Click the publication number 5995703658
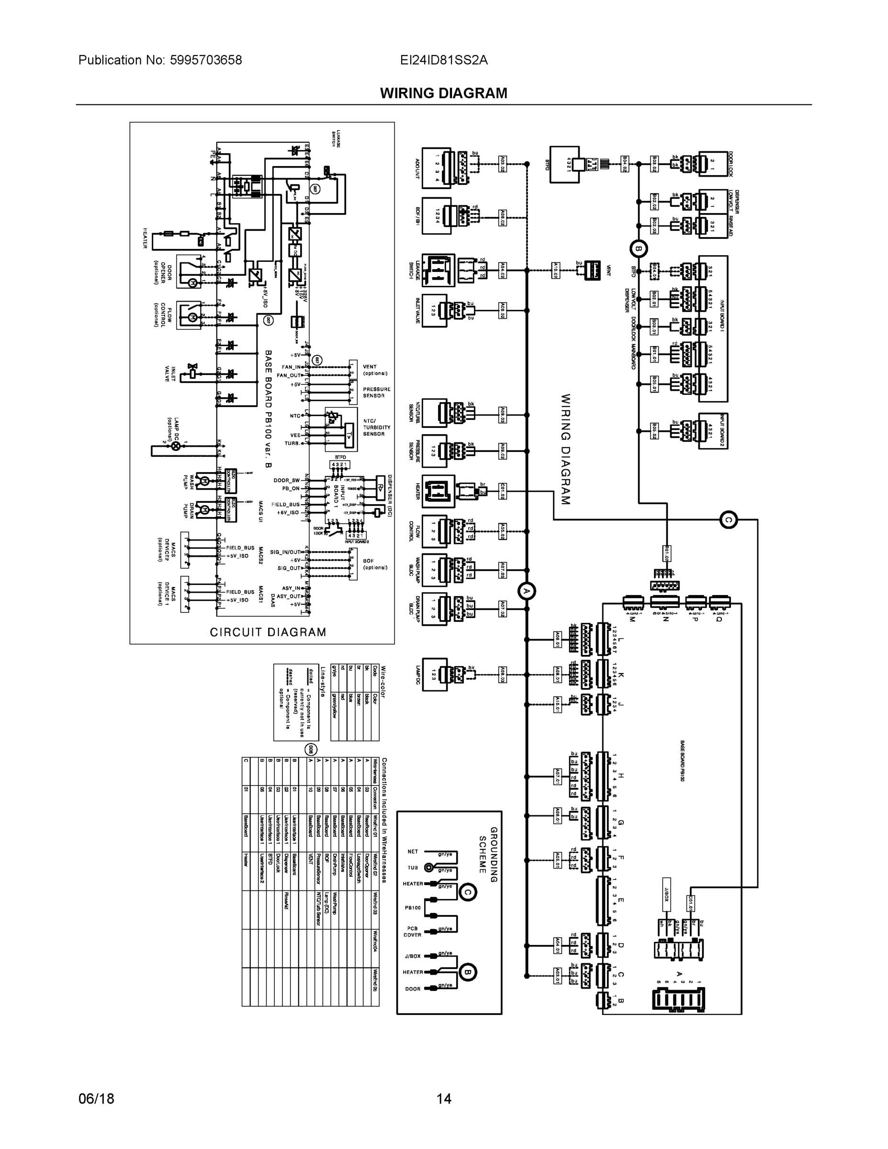206,60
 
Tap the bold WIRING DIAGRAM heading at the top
443,93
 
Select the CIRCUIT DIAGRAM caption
268,632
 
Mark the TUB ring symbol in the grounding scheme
429,867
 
